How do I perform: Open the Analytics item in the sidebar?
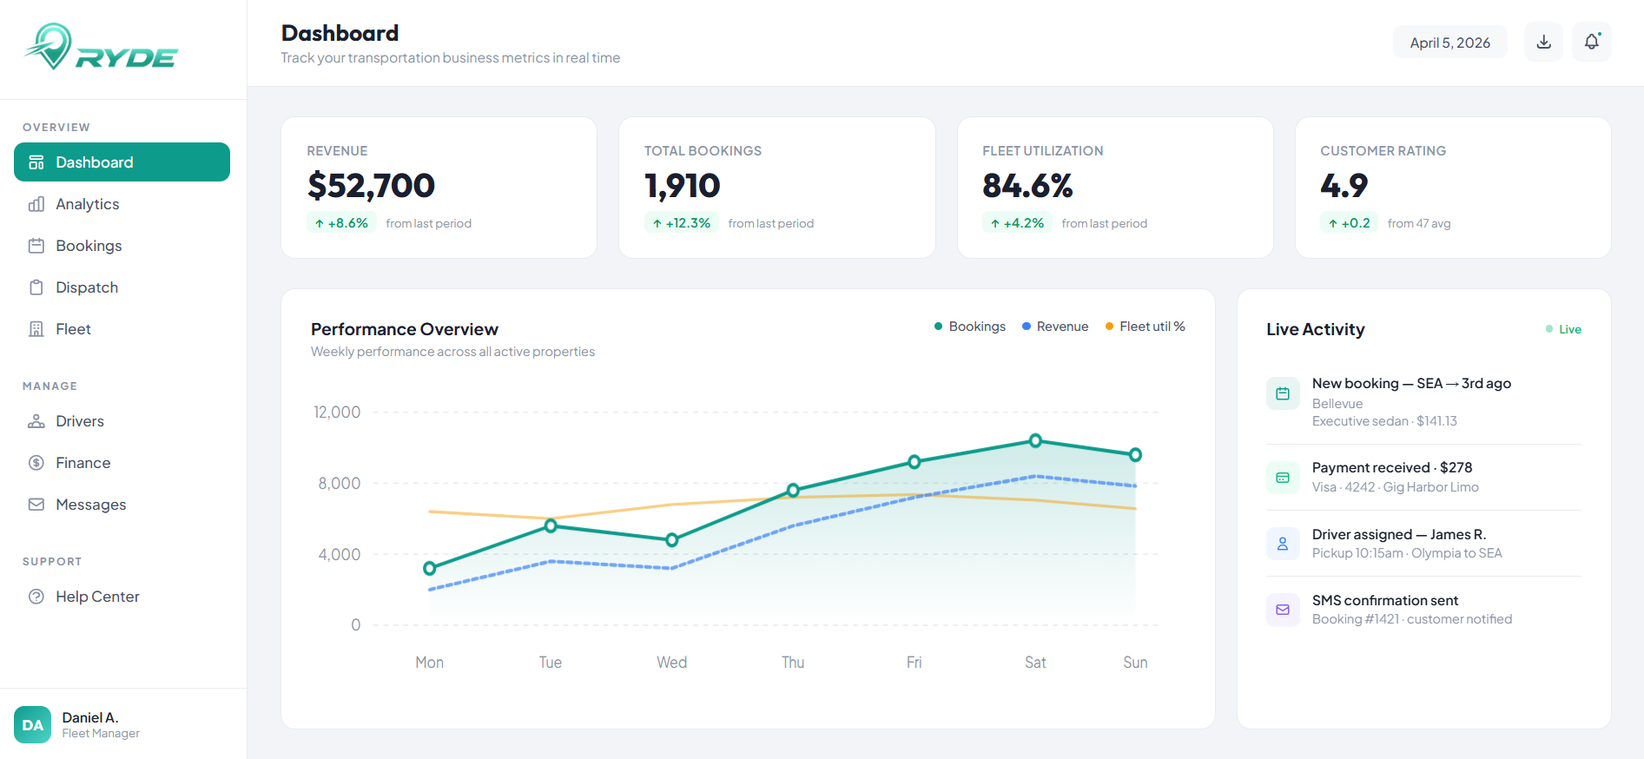pyautogui.click(x=87, y=204)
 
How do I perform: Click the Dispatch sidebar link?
pyautogui.click(x=86, y=287)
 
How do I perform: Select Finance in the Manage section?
pyautogui.click(x=83, y=463)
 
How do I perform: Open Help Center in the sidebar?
pyautogui.click(x=96, y=597)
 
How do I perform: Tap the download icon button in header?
pyautogui.click(x=1543, y=42)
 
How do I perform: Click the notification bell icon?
pyautogui.click(x=1591, y=42)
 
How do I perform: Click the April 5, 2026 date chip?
pyautogui.click(x=1449, y=43)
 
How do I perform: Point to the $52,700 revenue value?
pyautogui.click(x=371, y=186)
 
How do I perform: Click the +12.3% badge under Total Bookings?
pyautogui.click(x=681, y=223)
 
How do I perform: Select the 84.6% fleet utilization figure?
pyautogui.click(x=1027, y=186)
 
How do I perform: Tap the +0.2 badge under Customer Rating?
pyautogui.click(x=1348, y=223)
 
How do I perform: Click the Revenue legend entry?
pyautogui.click(x=1055, y=327)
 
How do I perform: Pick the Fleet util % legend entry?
pyautogui.click(x=1145, y=327)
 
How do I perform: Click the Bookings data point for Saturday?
pyautogui.click(x=1035, y=441)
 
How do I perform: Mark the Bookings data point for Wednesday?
pyautogui.click(x=671, y=540)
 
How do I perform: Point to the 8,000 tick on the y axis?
pyautogui.click(x=339, y=484)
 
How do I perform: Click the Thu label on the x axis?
pyautogui.click(x=792, y=663)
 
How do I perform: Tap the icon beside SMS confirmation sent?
pyautogui.click(x=1283, y=610)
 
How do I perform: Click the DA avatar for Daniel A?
pyautogui.click(x=32, y=725)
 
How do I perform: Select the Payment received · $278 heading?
pyautogui.click(x=1391, y=467)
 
